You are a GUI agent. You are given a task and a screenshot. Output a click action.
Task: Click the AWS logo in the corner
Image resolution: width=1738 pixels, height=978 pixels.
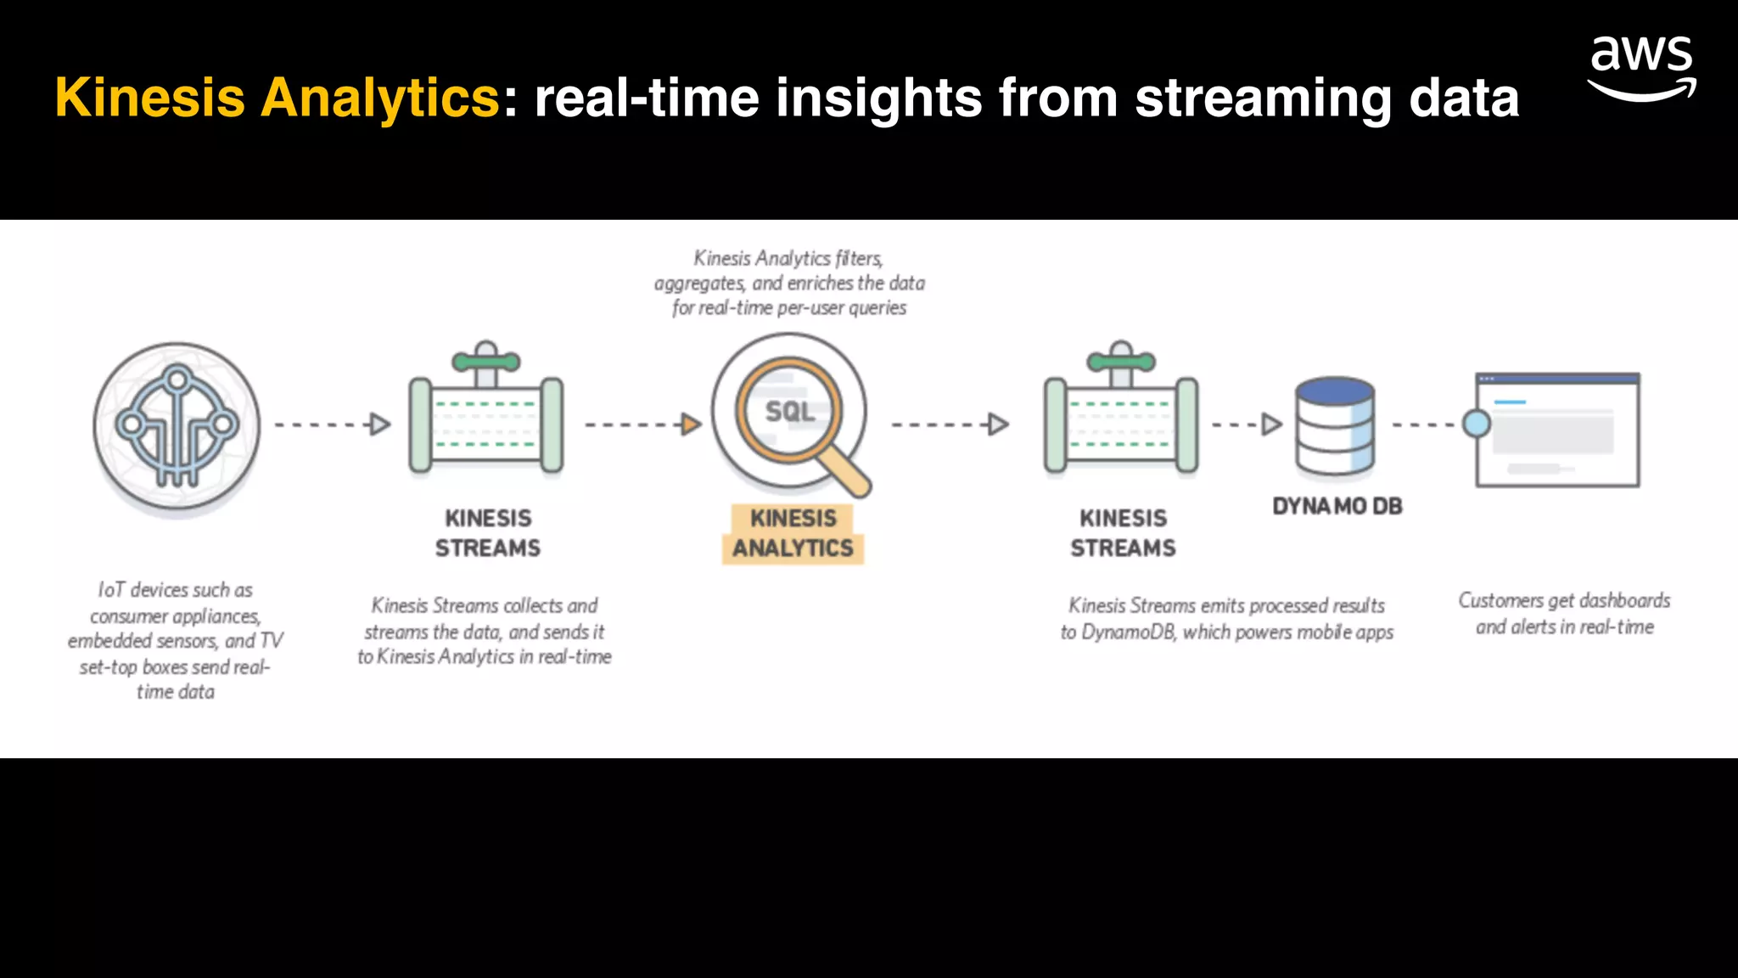coord(1641,68)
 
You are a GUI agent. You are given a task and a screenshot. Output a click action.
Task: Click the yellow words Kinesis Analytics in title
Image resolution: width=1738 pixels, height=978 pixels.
coord(278,98)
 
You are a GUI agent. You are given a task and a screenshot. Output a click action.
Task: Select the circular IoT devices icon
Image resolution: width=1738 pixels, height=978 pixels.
coord(177,425)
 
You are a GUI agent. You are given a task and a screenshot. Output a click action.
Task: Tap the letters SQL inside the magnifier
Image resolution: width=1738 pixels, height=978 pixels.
coord(789,412)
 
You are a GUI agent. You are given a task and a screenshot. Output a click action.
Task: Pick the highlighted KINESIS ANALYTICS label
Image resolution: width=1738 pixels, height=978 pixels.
coord(793,533)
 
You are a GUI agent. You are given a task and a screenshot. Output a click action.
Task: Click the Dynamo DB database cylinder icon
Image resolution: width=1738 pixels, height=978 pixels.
coord(1334,426)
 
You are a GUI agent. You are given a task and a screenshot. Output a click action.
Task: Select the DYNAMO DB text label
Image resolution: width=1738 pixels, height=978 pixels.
coord(1337,506)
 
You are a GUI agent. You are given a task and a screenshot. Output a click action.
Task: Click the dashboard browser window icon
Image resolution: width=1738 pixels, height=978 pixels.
coord(1558,430)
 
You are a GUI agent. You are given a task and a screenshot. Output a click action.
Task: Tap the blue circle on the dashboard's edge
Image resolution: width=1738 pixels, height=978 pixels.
coord(1477,424)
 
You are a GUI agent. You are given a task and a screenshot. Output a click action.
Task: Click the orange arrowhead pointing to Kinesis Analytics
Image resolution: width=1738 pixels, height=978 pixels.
coord(692,424)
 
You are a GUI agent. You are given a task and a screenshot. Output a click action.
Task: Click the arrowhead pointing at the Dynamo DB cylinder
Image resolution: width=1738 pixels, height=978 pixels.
coord(1271,424)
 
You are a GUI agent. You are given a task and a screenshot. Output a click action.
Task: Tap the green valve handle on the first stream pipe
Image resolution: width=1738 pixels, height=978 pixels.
coord(485,362)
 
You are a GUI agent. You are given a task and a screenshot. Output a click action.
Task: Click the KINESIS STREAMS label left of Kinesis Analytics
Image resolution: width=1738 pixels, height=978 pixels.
coord(488,533)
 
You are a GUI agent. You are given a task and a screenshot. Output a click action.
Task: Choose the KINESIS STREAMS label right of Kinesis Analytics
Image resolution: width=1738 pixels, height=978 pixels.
coord(1123,533)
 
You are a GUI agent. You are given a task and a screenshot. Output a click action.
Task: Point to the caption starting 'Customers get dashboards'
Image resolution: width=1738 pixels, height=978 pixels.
coord(1564,613)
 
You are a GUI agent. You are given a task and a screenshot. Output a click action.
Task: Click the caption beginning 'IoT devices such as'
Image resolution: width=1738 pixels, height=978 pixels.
coord(176,640)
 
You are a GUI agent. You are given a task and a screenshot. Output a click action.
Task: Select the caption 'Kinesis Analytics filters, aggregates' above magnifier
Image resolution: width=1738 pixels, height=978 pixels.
coord(789,283)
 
